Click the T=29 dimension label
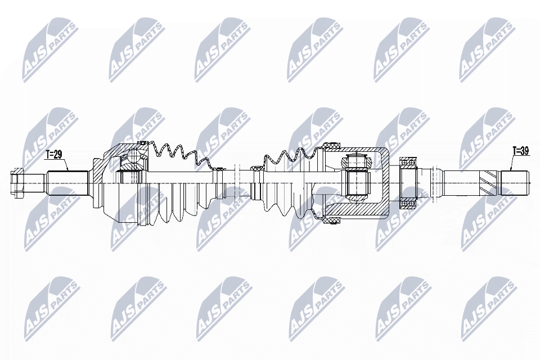point(54,155)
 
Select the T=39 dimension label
point(521,151)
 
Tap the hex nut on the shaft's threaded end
point(17,182)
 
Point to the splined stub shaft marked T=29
point(67,183)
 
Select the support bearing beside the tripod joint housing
point(408,183)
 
